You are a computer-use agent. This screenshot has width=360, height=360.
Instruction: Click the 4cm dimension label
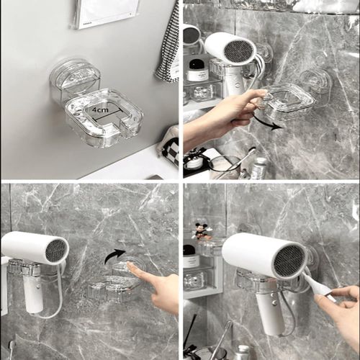click(100, 109)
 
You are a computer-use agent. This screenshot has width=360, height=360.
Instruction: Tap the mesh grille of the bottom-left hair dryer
click(56, 251)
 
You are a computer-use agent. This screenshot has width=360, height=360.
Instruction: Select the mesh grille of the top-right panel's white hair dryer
click(240, 50)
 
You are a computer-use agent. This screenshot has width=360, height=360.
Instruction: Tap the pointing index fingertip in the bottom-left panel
click(132, 269)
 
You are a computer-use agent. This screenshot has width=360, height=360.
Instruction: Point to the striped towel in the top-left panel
click(169, 43)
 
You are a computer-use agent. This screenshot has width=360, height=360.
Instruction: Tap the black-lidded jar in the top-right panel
click(197, 70)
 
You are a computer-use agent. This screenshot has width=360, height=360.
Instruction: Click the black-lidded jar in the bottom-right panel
click(190, 256)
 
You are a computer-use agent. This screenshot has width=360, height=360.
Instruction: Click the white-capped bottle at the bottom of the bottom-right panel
click(243, 352)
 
